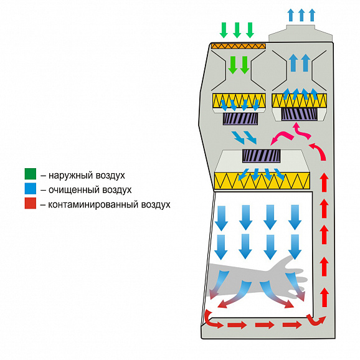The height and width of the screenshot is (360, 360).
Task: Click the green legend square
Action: [x=31, y=174]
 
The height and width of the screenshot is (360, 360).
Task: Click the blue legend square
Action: [x=31, y=189]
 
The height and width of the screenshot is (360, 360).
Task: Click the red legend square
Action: [x=31, y=203]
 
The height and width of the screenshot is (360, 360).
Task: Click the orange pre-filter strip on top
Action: [x=239, y=46]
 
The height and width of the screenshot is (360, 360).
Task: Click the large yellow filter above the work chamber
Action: [x=262, y=181]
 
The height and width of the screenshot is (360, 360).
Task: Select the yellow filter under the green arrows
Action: [x=239, y=100]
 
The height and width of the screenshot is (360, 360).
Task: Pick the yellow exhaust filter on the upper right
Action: [x=299, y=100]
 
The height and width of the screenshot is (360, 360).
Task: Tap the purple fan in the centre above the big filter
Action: [x=261, y=156]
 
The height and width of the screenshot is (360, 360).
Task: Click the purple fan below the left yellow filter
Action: [x=240, y=119]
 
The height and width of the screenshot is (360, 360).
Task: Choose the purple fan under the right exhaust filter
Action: [x=300, y=115]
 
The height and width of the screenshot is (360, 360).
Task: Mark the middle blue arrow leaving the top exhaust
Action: [x=301, y=15]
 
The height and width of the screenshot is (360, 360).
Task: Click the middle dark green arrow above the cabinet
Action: [x=237, y=30]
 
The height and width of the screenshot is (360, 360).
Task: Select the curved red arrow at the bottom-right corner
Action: [x=316, y=320]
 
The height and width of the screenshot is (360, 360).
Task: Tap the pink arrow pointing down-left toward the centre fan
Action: [x=282, y=138]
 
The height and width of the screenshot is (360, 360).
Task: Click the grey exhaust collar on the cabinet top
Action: [x=301, y=33]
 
